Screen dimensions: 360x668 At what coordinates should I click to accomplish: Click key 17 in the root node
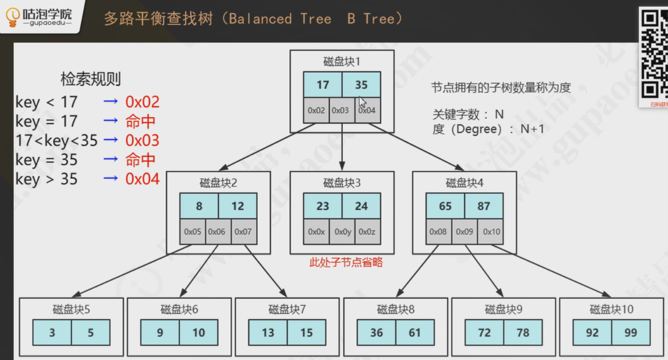click(x=322, y=85)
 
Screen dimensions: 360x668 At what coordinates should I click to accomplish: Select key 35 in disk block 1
click(x=361, y=85)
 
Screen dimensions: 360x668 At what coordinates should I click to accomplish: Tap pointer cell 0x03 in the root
click(x=340, y=110)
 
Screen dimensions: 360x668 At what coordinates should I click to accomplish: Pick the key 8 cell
click(x=199, y=206)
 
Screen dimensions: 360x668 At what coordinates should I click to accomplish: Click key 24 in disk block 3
click(x=361, y=206)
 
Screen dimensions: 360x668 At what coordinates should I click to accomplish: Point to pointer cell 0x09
click(x=464, y=232)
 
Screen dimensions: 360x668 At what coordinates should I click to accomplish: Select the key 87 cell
click(x=483, y=206)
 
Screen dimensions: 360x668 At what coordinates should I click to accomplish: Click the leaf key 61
click(x=415, y=333)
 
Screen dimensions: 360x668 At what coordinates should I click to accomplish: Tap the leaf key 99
click(x=631, y=333)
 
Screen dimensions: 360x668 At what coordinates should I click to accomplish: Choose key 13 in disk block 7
click(x=268, y=333)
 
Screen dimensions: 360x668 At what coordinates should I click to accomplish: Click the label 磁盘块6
click(x=179, y=310)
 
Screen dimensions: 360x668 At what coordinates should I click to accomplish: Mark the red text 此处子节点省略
click(x=346, y=262)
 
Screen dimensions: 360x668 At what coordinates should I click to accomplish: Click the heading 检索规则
click(x=90, y=79)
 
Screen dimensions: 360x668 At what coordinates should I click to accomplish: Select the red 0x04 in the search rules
click(x=142, y=179)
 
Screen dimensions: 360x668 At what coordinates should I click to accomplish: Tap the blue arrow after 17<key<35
click(x=110, y=140)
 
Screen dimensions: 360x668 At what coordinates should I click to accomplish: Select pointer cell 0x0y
click(x=342, y=232)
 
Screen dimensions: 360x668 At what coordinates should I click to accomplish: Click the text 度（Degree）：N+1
click(x=488, y=129)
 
